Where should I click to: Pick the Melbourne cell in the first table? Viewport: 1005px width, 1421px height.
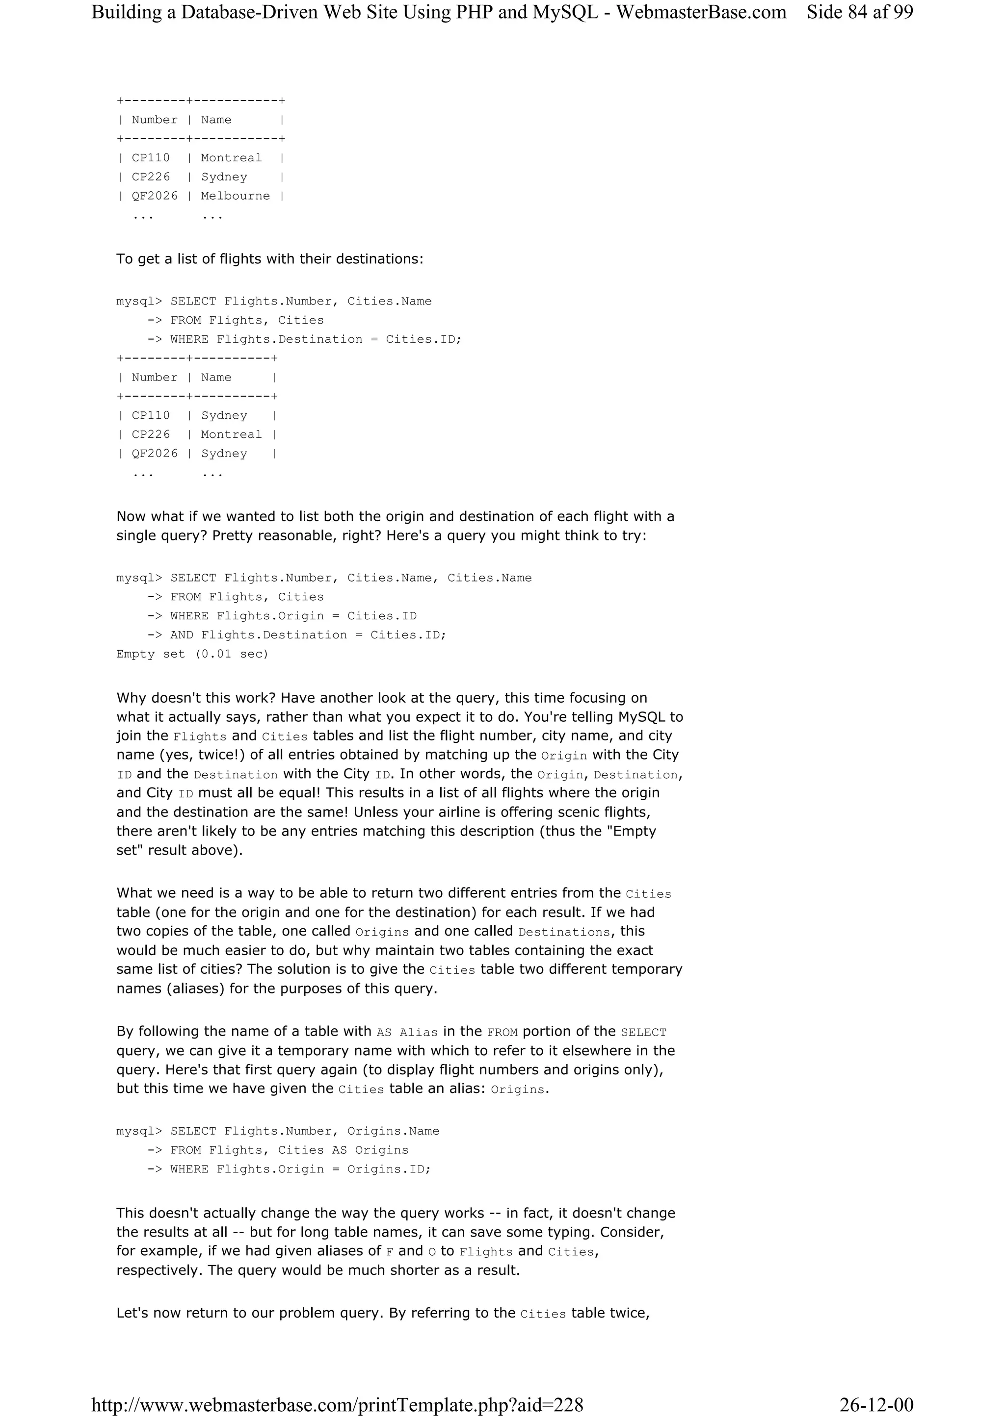[236, 196]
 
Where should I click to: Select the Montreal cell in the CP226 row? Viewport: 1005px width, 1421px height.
[231, 434]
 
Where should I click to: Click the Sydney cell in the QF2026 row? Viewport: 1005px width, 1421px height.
[224, 454]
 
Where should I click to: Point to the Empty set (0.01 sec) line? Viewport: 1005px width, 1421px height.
[192, 654]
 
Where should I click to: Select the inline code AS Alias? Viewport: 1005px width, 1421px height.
[407, 1032]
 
